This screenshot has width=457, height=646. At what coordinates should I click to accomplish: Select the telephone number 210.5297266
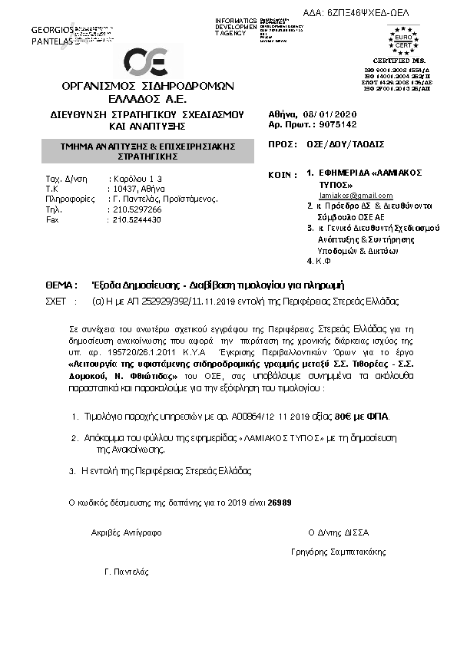point(136,208)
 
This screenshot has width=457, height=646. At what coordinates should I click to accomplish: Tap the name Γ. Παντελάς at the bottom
point(126,572)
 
